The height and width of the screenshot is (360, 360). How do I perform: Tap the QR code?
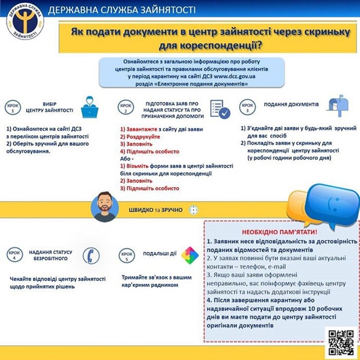pos(341,341)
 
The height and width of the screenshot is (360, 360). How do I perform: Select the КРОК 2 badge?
pos(125,107)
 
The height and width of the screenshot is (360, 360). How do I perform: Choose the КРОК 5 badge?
pos(125,254)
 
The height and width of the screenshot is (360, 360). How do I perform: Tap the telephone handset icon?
pos(90,255)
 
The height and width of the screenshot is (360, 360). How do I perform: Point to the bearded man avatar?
pos(106,206)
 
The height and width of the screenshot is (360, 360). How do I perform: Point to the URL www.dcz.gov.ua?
pos(230,76)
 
